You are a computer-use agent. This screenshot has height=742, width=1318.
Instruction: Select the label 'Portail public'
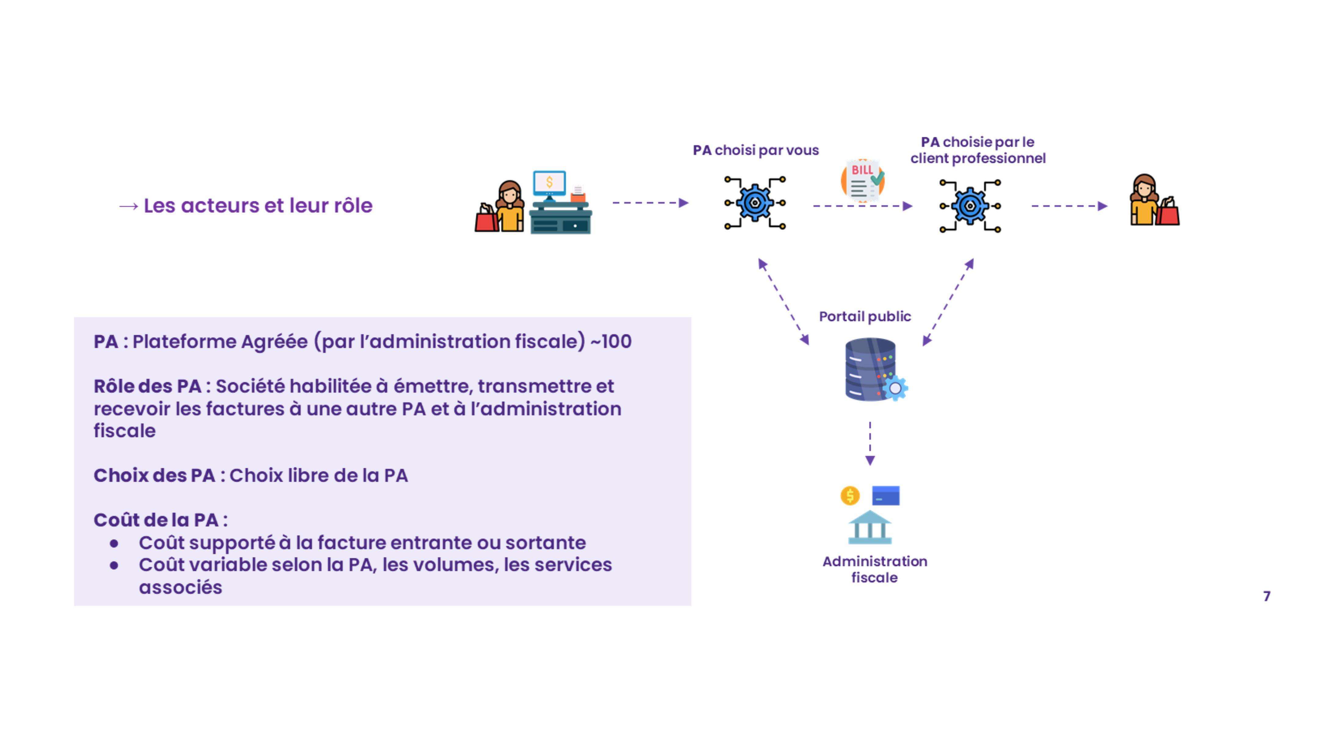pyautogui.click(x=865, y=316)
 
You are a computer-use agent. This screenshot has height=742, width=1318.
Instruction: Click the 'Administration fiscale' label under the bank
pyautogui.click(x=874, y=569)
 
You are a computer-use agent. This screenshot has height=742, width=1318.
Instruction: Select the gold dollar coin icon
pyautogui.click(x=850, y=496)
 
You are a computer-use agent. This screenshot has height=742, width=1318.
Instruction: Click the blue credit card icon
pyautogui.click(x=886, y=496)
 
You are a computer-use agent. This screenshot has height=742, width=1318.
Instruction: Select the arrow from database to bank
pyautogui.click(x=870, y=443)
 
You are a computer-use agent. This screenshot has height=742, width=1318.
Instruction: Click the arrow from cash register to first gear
pyautogui.click(x=650, y=203)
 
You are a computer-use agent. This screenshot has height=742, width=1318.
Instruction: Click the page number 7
pyautogui.click(x=1266, y=596)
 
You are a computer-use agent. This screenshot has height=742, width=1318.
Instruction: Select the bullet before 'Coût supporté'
pyautogui.click(x=114, y=543)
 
